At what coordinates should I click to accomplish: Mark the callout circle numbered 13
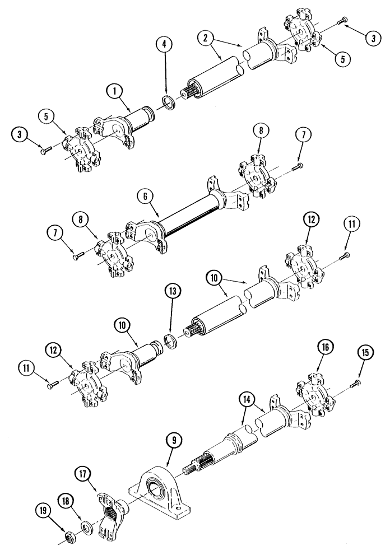(171, 291)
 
